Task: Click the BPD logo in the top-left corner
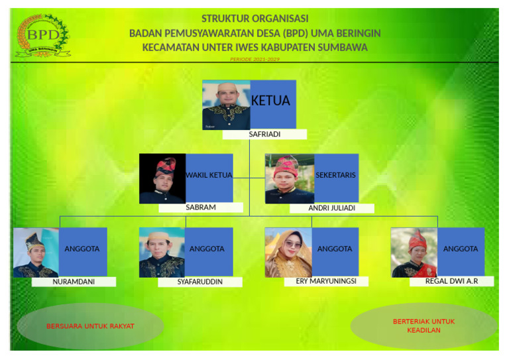point(42,36)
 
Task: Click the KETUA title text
point(270,101)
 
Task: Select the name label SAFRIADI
point(264,135)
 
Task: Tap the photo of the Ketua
point(226,105)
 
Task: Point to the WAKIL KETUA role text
point(209,176)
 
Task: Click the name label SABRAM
point(201,208)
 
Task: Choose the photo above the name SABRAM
point(162,178)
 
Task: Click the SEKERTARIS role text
point(335,176)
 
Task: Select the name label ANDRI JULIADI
point(331,208)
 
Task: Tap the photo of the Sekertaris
point(290,178)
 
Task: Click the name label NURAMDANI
point(74,282)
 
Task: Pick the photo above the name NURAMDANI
point(36,253)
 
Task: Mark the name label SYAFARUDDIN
point(200,282)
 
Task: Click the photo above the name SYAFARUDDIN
point(162,253)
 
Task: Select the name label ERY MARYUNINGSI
point(325,281)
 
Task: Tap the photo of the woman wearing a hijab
point(288,253)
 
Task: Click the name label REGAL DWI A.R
point(451,281)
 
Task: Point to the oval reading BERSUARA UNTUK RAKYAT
point(90,326)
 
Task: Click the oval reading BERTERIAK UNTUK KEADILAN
point(424,326)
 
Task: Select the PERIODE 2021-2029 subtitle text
point(254,60)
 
